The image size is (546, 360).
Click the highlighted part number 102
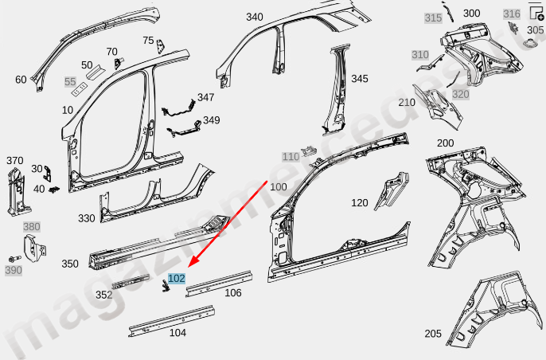point(177,278)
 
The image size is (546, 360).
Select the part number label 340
point(254,17)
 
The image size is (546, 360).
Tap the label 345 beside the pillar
point(360,79)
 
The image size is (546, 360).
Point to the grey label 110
point(291,157)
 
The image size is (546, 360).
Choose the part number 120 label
point(360,203)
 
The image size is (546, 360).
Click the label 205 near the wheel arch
point(433,333)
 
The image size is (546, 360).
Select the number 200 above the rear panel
point(445,143)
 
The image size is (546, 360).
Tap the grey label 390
point(14,270)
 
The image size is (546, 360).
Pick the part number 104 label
point(177,333)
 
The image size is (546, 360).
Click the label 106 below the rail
point(232,293)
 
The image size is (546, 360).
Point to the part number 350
point(70,264)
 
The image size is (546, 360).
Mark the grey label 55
point(70,81)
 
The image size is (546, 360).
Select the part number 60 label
point(21,79)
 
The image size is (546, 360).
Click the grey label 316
point(512,14)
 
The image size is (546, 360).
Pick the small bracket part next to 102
point(166,287)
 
